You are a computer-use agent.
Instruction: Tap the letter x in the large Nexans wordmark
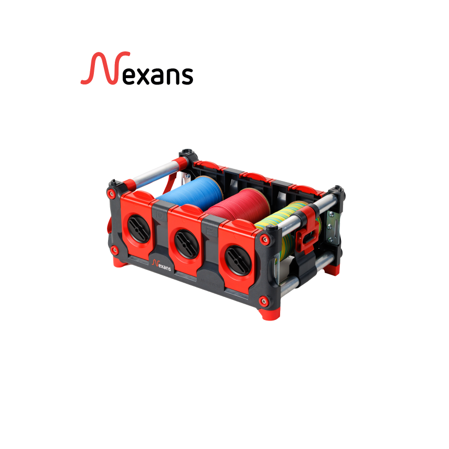[147, 76]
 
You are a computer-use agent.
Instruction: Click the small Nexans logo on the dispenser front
[162, 265]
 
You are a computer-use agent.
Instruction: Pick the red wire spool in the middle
[240, 205]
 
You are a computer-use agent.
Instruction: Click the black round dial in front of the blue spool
[138, 228]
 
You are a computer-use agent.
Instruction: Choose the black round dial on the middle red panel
[187, 243]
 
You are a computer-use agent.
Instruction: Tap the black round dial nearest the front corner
[238, 261]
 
